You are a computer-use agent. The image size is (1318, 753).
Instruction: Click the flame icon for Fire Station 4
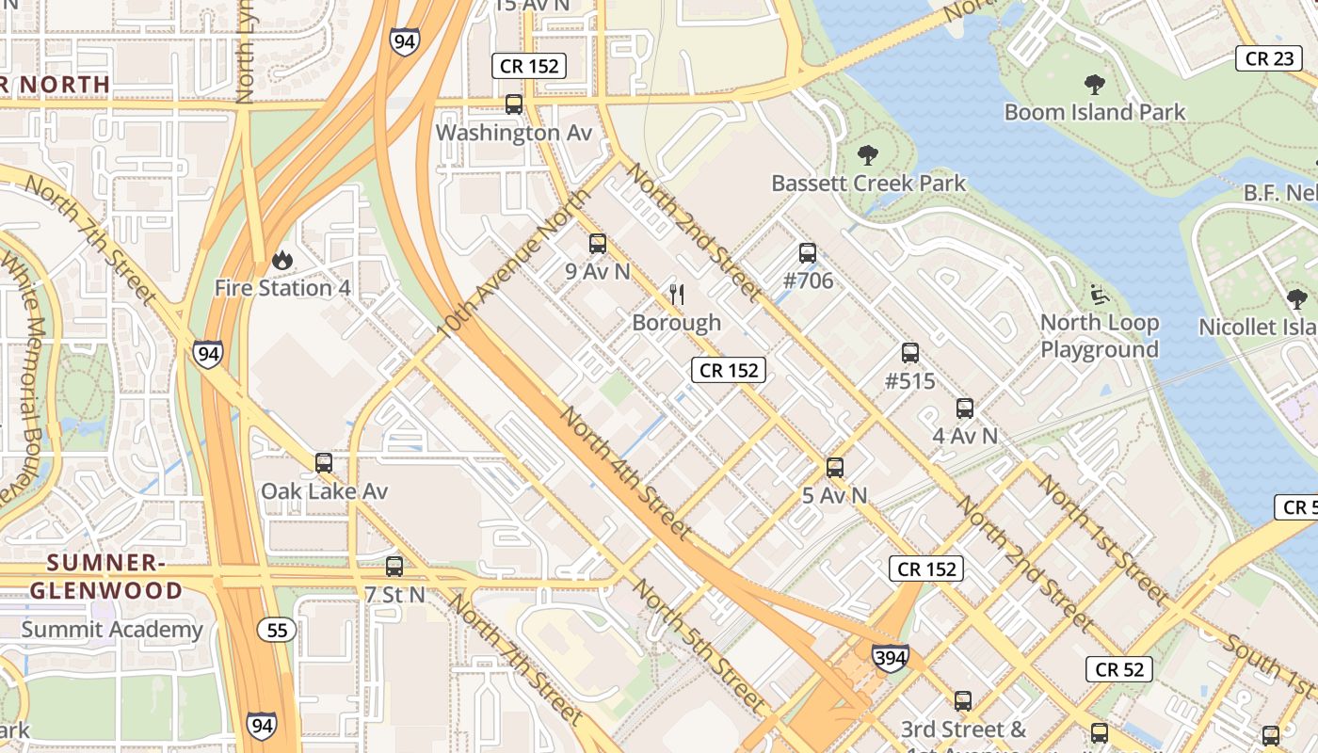tap(281, 259)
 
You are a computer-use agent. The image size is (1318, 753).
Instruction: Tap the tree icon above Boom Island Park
tap(1094, 85)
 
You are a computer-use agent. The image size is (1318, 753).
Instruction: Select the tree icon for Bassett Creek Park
tap(868, 155)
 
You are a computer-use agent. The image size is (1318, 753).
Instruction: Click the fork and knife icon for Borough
tap(676, 295)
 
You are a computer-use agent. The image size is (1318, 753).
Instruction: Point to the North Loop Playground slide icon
tap(1100, 295)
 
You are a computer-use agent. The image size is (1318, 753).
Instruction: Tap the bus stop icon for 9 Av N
tap(597, 244)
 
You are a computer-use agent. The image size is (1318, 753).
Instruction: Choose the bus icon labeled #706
tap(807, 252)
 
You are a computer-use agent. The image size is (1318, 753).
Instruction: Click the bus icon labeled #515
tap(909, 353)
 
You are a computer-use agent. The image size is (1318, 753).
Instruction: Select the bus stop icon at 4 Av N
tap(964, 409)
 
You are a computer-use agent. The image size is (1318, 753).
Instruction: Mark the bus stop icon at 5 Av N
tap(834, 467)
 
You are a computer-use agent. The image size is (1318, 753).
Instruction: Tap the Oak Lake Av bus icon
tap(324, 462)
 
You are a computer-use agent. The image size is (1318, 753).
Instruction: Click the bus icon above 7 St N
tap(394, 567)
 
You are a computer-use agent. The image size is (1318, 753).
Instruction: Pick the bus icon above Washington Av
tap(514, 104)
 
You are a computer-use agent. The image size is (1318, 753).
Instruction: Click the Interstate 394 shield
tap(890, 656)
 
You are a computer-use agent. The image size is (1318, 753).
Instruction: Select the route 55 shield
tap(277, 630)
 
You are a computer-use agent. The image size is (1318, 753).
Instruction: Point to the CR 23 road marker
tap(1269, 58)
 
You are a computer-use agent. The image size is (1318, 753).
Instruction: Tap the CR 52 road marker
tap(1119, 669)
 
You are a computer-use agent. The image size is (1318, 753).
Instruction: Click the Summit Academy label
tap(112, 630)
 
